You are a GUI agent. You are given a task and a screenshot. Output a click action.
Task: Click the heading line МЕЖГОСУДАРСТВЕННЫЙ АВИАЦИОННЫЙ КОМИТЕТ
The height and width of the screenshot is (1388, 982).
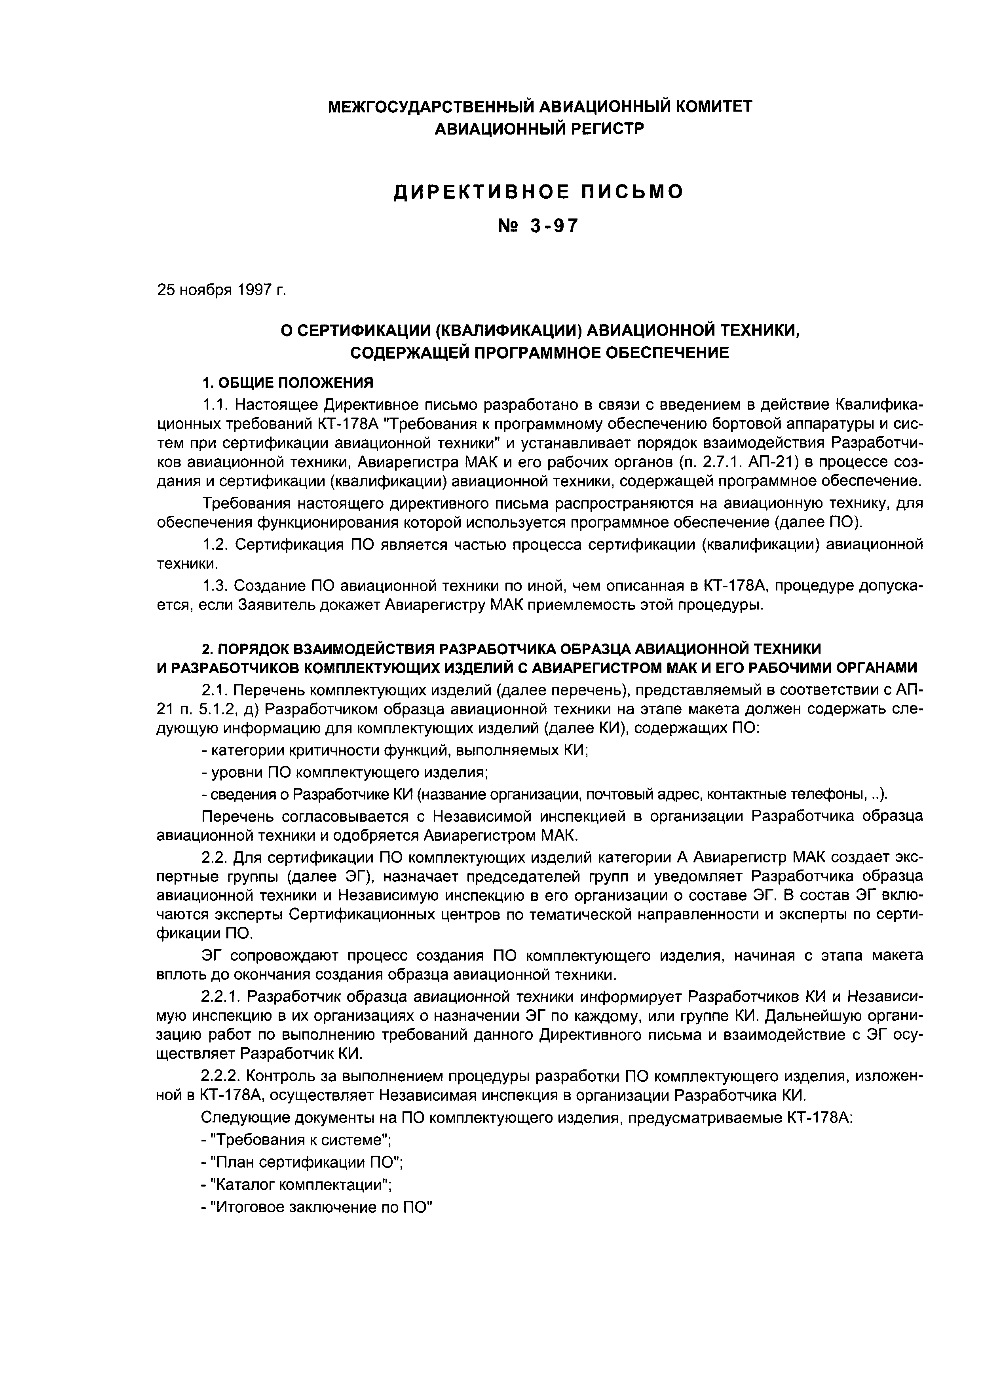(x=539, y=107)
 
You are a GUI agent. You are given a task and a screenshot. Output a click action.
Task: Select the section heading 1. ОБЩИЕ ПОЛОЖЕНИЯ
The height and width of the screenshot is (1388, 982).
(x=288, y=383)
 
